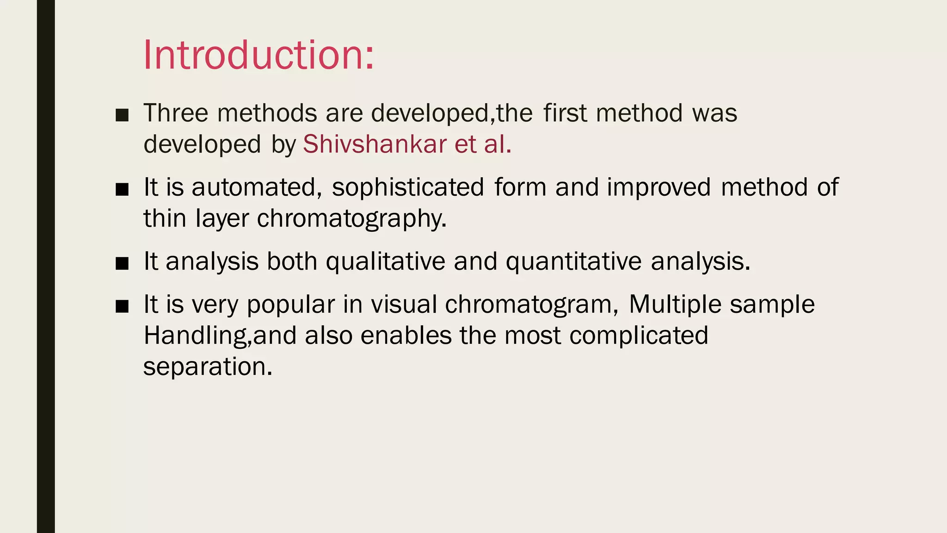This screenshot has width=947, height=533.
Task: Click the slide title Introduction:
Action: [x=258, y=55]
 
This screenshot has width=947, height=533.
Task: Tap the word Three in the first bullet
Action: [x=176, y=113]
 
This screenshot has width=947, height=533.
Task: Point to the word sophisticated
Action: [x=408, y=187]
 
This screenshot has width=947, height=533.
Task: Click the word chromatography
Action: [x=351, y=218]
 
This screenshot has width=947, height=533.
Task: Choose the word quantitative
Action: [x=573, y=261]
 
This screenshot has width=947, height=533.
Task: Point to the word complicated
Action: [x=639, y=335]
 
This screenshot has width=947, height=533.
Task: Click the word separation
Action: [x=208, y=366]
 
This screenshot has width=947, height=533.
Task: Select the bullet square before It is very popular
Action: [x=122, y=306]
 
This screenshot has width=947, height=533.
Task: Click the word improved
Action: [x=658, y=187]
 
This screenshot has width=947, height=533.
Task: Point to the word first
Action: [x=565, y=113]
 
